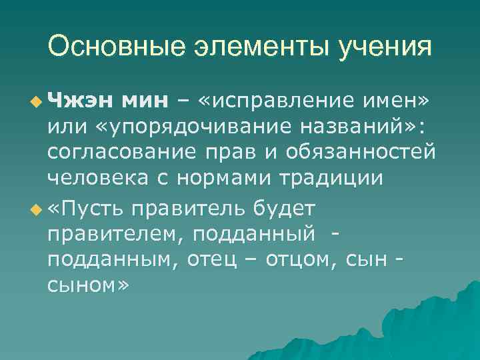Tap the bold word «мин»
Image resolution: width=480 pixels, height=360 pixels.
[x=145, y=101]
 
